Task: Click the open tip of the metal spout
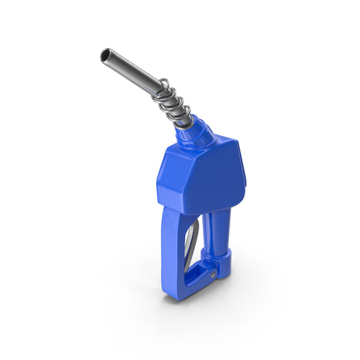click(x=105, y=54)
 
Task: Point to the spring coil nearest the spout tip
click(x=162, y=86)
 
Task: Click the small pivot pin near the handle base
click(x=214, y=275)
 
